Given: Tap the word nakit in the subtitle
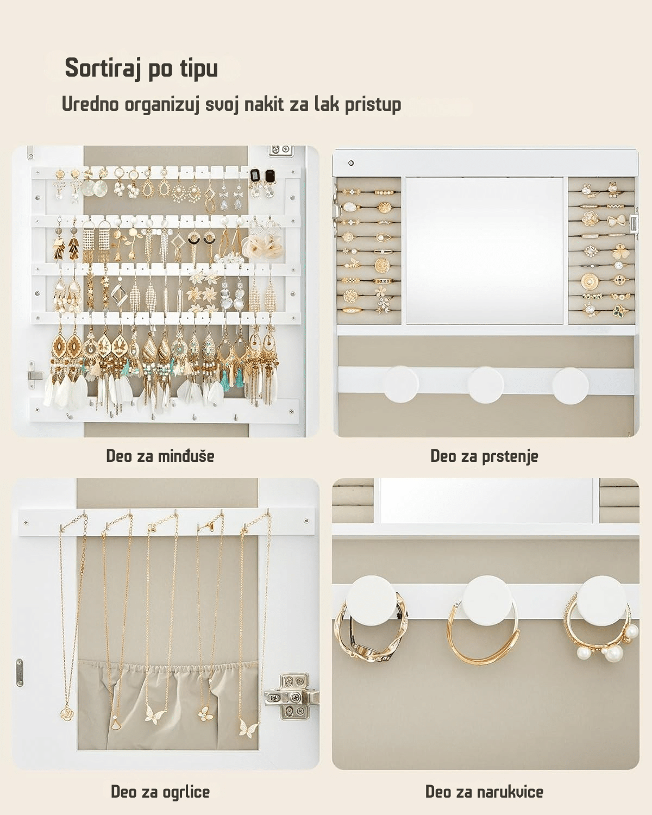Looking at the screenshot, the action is tap(264, 104).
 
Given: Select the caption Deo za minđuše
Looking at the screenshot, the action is tap(160, 456).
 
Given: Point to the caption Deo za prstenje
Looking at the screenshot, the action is tap(484, 456).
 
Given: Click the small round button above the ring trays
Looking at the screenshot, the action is tap(351, 163).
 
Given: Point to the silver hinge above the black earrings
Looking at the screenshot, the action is tap(281, 150).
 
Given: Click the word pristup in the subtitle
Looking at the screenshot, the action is tap(373, 104).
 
